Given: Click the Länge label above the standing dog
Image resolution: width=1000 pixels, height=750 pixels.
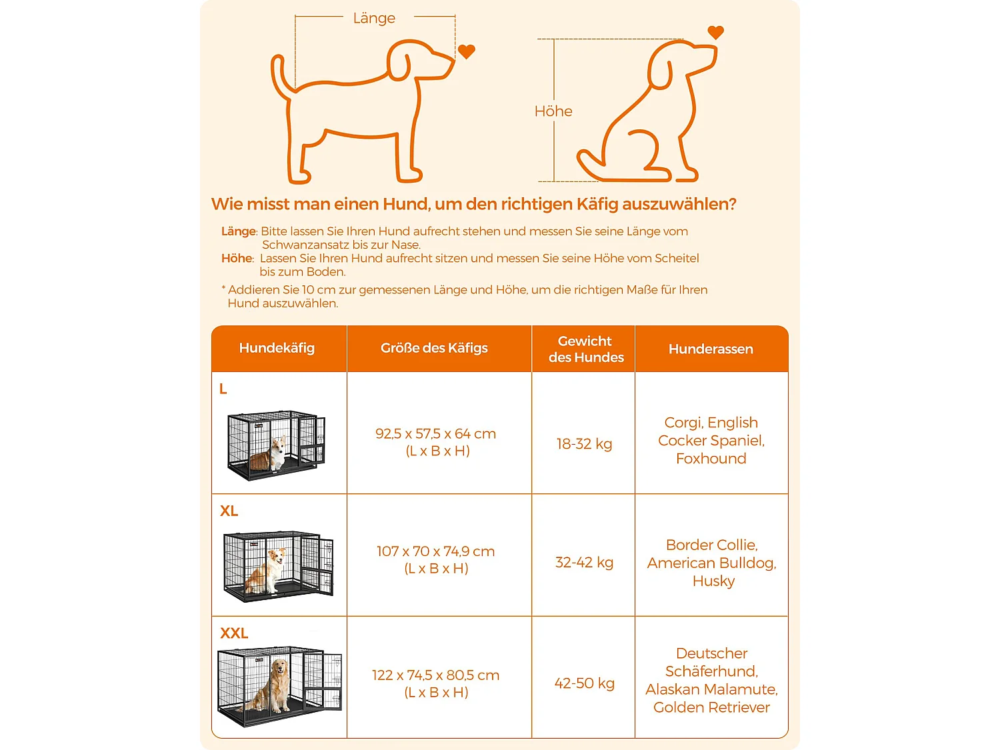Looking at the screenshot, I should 374,18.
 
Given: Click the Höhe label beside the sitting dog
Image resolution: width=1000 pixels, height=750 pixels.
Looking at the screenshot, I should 553,111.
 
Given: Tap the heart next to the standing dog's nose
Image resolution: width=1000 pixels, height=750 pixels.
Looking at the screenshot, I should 467,51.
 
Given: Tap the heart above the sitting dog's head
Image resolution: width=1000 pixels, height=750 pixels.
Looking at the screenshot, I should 715,32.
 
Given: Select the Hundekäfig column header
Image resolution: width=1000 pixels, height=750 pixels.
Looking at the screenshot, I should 277,348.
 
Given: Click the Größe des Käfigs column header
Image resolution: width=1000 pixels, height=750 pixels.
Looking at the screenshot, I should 434,348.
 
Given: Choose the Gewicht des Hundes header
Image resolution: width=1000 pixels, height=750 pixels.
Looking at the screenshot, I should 585,349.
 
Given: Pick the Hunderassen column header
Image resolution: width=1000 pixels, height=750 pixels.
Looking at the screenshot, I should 711,349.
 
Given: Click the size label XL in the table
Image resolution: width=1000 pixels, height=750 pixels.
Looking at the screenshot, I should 229,511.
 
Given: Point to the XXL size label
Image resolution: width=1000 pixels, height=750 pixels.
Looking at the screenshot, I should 234,633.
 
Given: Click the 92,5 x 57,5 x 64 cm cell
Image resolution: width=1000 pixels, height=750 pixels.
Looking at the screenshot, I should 436,434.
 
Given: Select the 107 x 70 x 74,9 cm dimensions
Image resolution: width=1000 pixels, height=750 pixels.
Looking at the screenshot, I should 436,551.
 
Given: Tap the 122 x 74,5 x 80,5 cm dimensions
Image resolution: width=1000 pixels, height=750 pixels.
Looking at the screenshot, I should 436,675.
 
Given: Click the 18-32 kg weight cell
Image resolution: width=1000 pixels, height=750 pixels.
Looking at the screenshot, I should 584,444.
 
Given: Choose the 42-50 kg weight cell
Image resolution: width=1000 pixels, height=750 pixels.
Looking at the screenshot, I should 584,683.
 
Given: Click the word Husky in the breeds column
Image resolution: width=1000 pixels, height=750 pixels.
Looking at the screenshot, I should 713,581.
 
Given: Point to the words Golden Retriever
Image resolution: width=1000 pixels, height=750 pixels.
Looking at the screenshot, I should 711,707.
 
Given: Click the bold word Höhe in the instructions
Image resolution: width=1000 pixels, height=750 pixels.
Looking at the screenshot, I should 237,259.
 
